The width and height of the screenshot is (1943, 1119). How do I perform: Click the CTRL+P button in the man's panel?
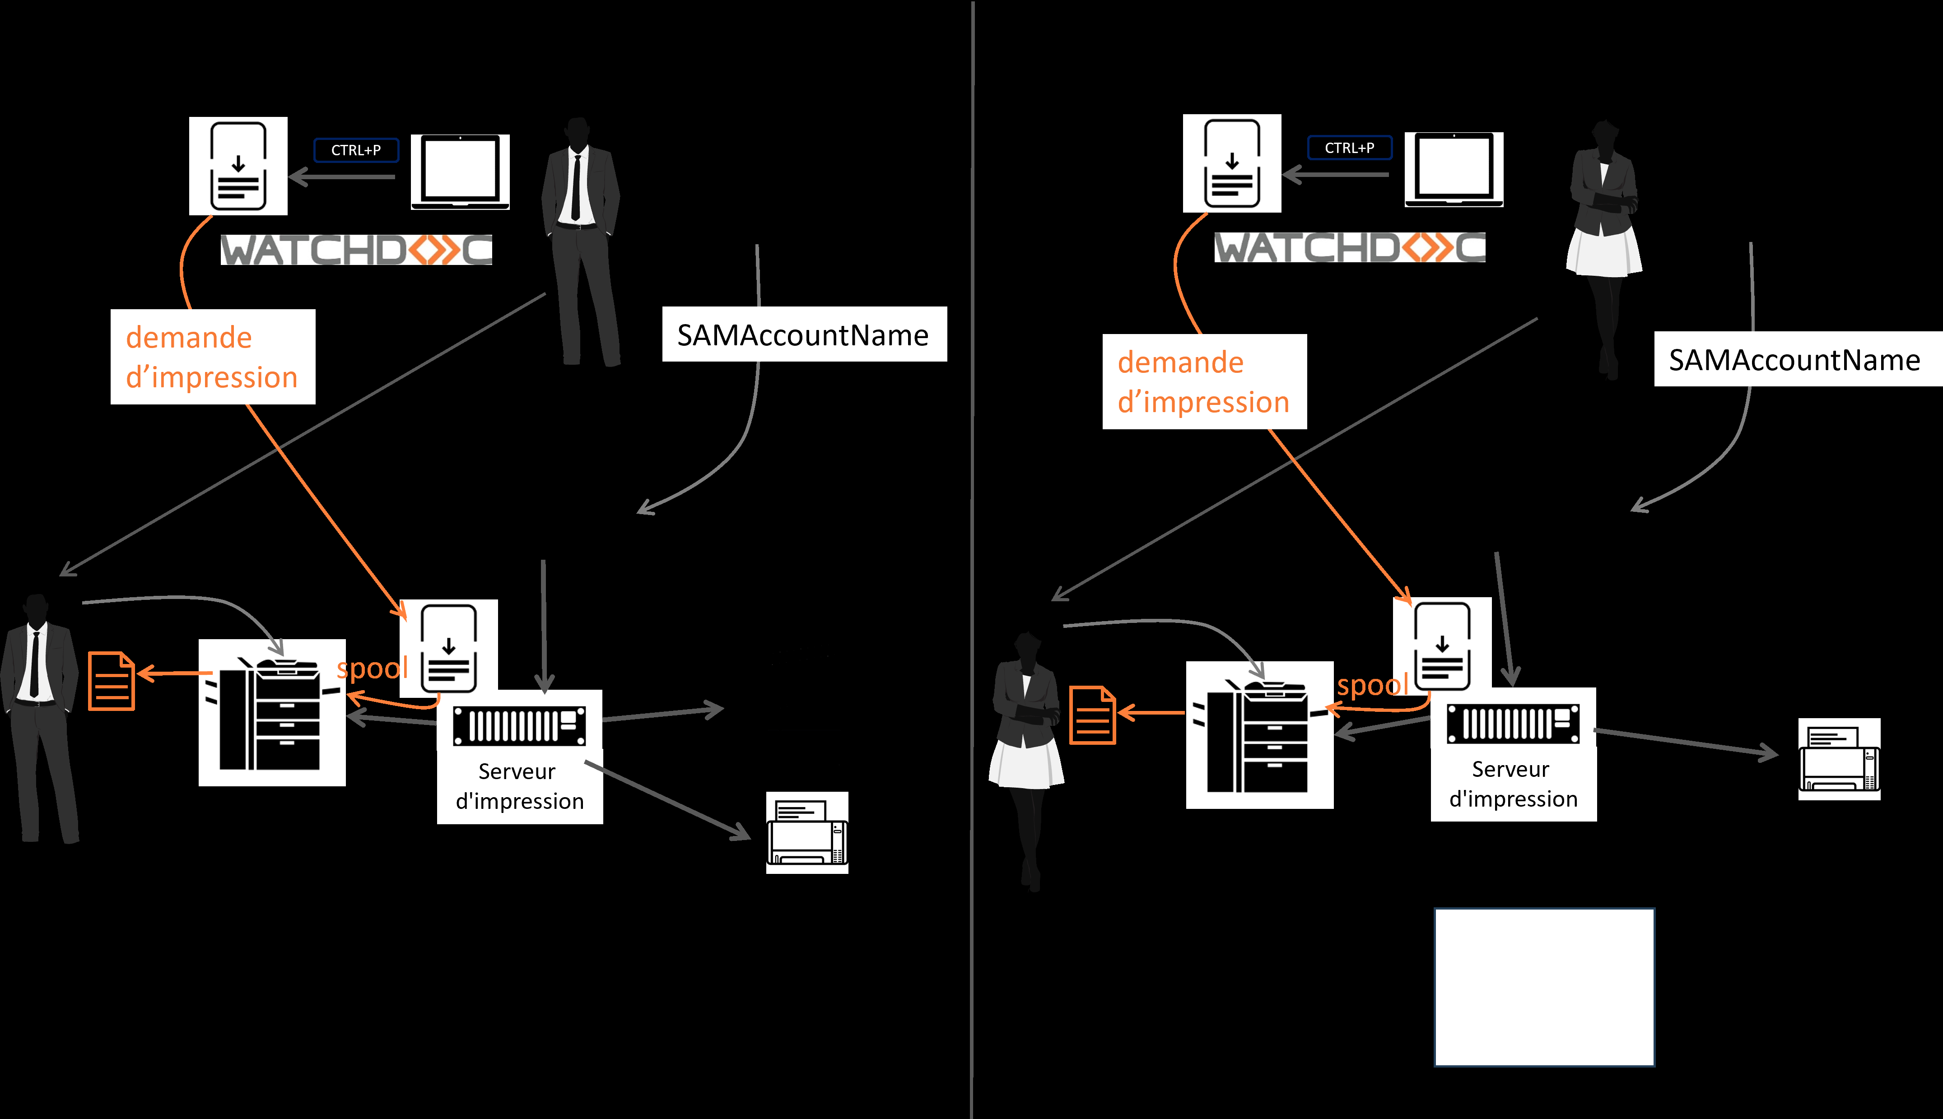(356, 150)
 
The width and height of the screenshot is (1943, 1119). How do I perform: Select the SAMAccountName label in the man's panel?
(803, 335)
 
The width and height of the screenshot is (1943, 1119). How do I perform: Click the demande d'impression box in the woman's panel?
(1204, 382)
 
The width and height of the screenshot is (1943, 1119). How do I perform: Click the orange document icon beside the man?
(112, 681)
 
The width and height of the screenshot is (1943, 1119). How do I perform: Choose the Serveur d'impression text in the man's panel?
(520, 786)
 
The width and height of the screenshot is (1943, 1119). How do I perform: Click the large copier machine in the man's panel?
(272, 712)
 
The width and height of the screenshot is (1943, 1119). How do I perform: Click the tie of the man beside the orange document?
(34, 665)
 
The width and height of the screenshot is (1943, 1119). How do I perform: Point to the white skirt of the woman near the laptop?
(1603, 252)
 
